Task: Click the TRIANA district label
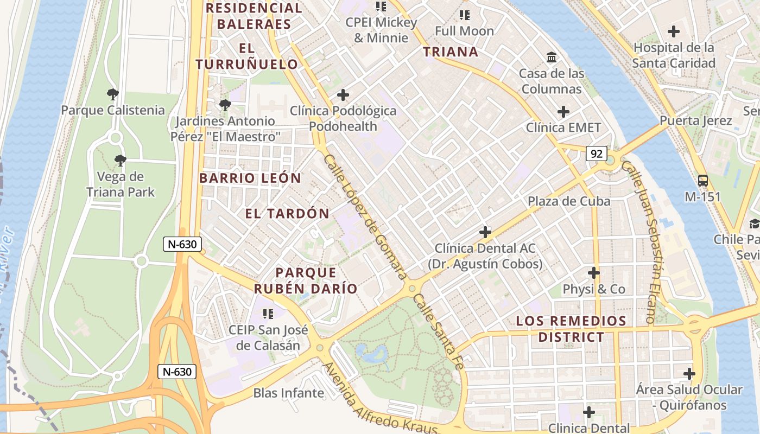point(451,52)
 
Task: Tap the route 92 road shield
point(596,154)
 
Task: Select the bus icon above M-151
point(702,181)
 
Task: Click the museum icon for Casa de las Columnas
point(552,58)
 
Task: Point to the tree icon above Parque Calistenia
point(112,95)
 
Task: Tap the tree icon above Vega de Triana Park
point(120,161)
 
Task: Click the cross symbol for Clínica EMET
point(563,112)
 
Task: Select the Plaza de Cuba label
point(569,201)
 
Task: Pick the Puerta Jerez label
point(696,120)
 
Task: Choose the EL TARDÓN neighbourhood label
point(287,214)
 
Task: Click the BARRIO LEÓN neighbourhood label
point(250,178)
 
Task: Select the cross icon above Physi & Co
point(594,273)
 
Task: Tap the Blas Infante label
point(288,393)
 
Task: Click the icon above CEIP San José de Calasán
point(268,314)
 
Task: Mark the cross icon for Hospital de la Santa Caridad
point(674,31)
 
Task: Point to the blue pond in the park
point(372,354)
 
